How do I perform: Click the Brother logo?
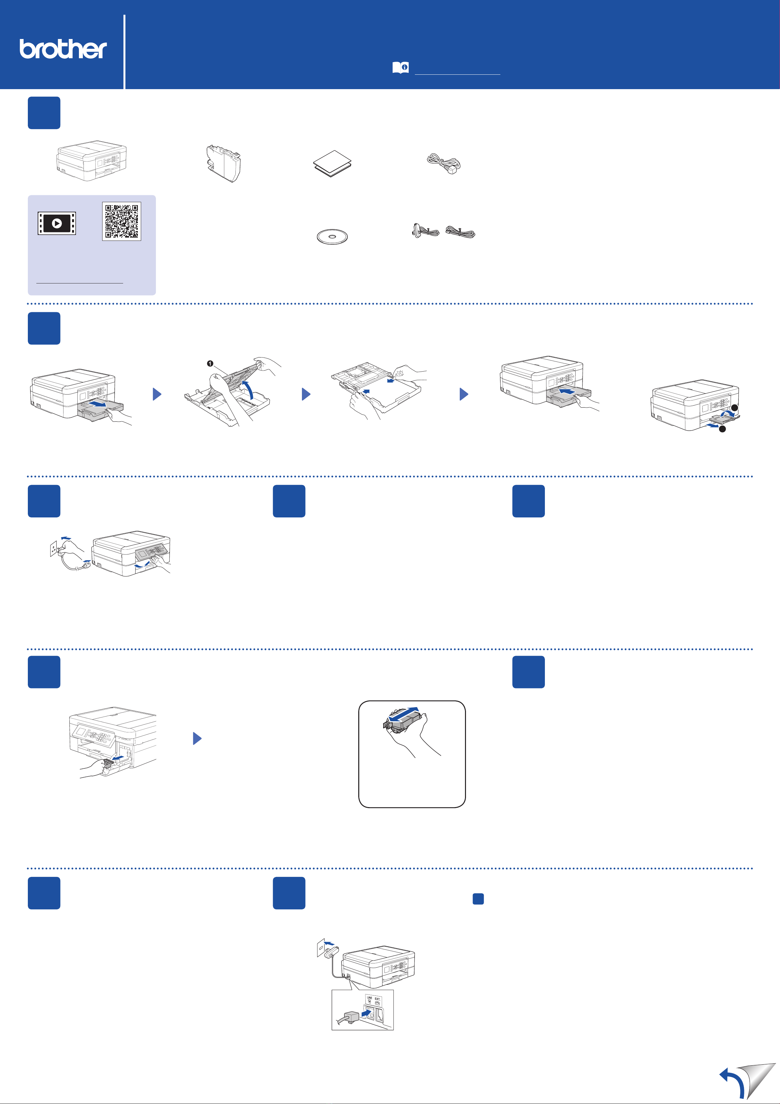coord(63,49)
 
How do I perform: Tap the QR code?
coord(121,221)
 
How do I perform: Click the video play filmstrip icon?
coord(57,223)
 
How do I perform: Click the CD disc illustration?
coord(332,237)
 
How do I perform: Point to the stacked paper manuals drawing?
coord(332,163)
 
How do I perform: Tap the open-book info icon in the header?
coord(400,67)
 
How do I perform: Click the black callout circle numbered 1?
coord(210,363)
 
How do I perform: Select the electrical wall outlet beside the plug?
coord(53,548)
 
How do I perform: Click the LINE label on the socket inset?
coord(369,998)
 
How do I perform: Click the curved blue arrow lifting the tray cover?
coord(249,389)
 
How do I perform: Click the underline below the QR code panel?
coord(80,283)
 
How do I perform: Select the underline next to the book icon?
coord(457,74)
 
